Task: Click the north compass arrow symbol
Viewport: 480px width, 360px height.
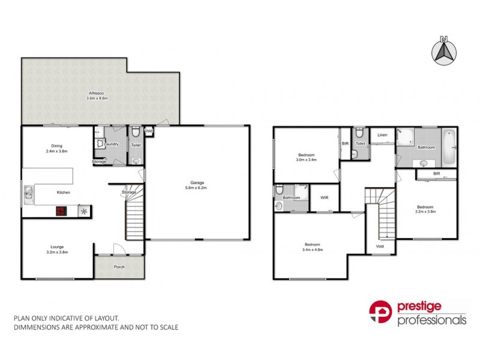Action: pos(444,50)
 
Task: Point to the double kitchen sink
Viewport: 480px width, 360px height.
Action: pos(28,192)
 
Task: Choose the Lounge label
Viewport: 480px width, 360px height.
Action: pos(58,246)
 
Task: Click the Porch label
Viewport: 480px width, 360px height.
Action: pos(119,266)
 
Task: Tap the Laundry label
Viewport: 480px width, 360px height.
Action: pos(112,144)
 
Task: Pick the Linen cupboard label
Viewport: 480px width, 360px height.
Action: pos(382,135)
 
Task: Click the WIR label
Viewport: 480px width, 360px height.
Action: pos(324,197)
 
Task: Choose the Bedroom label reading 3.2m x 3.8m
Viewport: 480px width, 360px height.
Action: pos(426,209)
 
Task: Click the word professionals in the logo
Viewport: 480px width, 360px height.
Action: pos(431,320)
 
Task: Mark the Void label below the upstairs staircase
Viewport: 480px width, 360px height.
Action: pos(380,245)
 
